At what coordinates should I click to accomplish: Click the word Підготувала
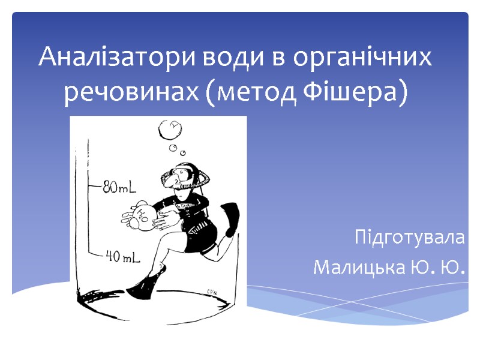tap(409, 237)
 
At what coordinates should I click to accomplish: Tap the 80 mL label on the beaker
tap(119, 187)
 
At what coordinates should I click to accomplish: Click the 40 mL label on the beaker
tap(123, 257)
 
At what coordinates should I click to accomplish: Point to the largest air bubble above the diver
tap(170, 129)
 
